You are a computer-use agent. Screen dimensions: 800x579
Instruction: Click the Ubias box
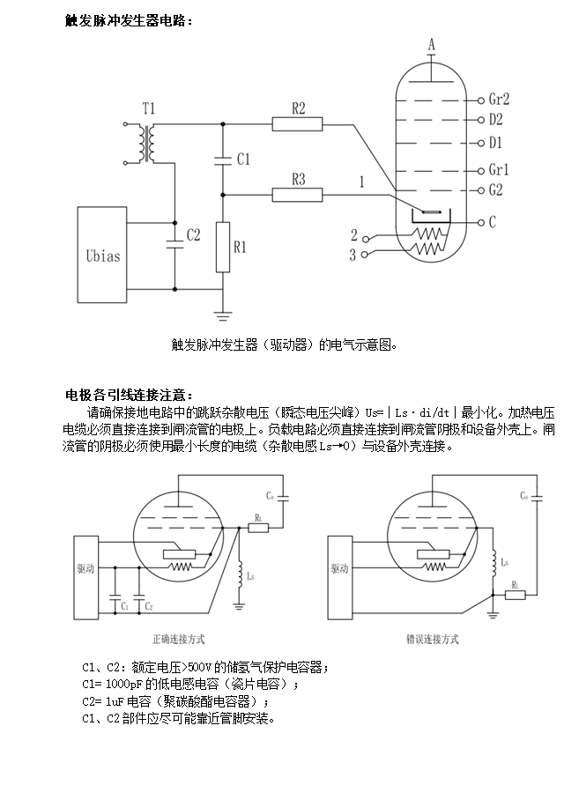(x=103, y=256)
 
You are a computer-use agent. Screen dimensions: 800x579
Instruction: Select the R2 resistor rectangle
(x=298, y=124)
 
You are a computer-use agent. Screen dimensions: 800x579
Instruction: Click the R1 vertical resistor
(x=222, y=248)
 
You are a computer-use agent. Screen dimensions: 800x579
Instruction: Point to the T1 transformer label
(x=149, y=108)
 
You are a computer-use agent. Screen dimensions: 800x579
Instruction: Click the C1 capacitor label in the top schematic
(x=244, y=159)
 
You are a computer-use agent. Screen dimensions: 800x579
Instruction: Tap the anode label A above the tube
(x=431, y=44)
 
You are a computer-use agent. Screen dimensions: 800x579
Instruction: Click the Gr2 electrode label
(x=499, y=100)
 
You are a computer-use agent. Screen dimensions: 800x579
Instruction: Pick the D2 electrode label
(x=495, y=119)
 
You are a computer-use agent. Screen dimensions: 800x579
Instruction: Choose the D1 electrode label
(x=495, y=143)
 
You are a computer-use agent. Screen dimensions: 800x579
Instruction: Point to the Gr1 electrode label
(x=499, y=170)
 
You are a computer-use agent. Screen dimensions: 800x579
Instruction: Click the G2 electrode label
(x=495, y=189)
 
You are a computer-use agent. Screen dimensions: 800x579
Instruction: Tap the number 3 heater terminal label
(x=353, y=256)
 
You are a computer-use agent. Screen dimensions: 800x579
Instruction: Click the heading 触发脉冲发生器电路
(x=128, y=20)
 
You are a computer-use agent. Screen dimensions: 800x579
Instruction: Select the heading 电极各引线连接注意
(x=128, y=394)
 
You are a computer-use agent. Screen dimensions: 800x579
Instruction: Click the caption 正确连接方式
(x=179, y=639)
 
